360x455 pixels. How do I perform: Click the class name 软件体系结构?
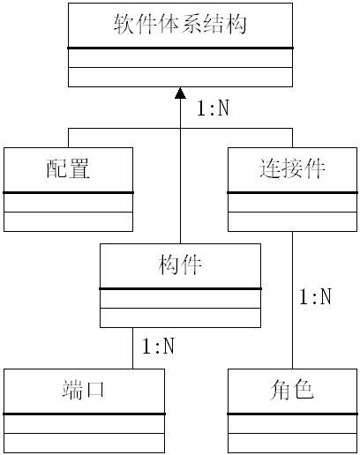click(180, 25)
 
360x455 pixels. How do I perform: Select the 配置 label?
click(68, 168)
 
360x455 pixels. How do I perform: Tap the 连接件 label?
click(292, 168)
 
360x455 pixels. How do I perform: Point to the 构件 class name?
click(180, 264)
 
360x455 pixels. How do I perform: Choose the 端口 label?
click(84, 389)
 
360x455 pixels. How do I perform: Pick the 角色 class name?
click(292, 389)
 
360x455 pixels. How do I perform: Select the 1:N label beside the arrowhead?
click(212, 108)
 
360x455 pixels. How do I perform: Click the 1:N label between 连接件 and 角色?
click(315, 297)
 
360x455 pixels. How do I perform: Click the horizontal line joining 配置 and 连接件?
click(124, 128)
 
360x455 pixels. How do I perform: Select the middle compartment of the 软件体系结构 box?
click(180, 57)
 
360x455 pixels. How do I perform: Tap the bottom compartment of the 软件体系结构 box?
click(180, 77)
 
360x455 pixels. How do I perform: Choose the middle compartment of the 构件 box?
click(180, 298)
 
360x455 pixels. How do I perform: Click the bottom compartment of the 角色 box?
click(292, 443)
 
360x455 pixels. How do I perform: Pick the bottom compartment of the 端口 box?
click(84, 443)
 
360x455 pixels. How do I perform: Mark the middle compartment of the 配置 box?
click(68, 202)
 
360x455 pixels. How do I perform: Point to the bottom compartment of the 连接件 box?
click(292, 221)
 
